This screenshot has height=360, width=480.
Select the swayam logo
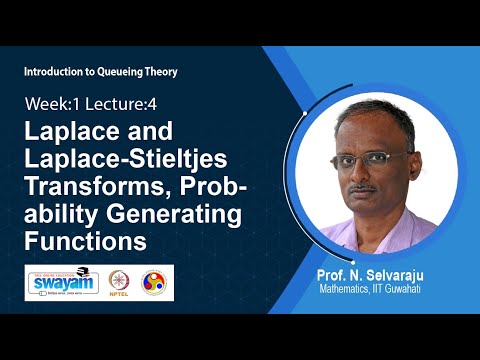point(62,282)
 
